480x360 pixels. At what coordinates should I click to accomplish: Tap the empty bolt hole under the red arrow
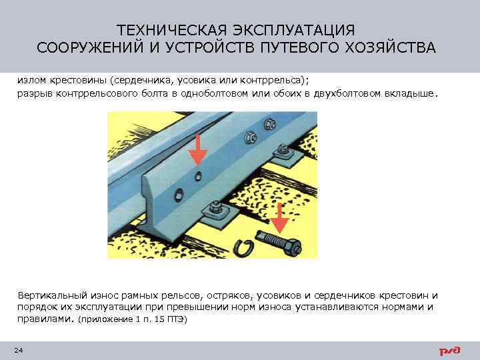[199, 175]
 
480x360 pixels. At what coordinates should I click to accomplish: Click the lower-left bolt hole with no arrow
[178, 195]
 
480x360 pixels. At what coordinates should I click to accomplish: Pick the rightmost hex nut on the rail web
[270, 125]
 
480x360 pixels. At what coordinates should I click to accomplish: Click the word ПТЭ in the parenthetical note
[176, 320]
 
